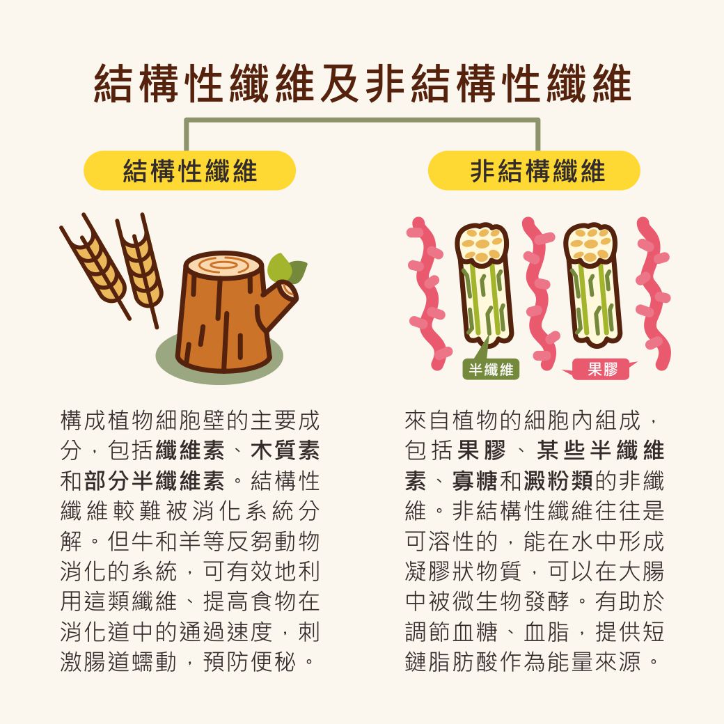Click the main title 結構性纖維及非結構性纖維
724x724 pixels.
pyautogui.click(x=363, y=83)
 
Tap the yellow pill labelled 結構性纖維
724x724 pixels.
pyautogui.click(x=189, y=171)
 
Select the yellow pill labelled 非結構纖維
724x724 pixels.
pyautogui.click(x=534, y=171)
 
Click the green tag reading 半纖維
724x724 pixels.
pyautogui.click(x=491, y=369)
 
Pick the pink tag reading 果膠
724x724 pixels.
pyautogui.click(x=602, y=370)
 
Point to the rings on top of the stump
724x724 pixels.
pyautogui.click(x=224, y=265)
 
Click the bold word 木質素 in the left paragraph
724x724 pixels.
pyautogui.click(x=285, y=450)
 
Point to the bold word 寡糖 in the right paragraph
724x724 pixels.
pyautogui.click(x=475, y=480)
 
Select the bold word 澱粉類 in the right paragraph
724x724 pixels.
pyautogui.click(x=558, y=480)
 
